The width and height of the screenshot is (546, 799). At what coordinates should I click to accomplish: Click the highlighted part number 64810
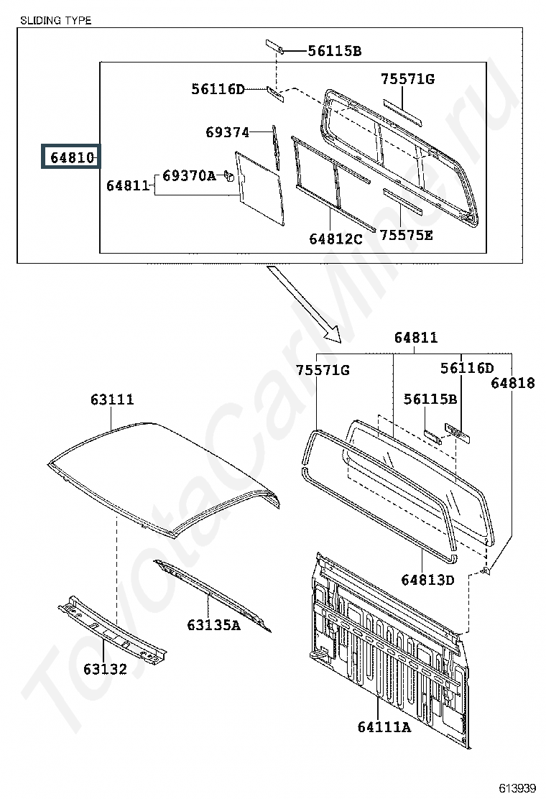click(x=72, y=157)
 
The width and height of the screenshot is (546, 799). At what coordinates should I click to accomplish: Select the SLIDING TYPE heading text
click(x=55, y=20)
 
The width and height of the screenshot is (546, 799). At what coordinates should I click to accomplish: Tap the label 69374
click(x=228, y=132)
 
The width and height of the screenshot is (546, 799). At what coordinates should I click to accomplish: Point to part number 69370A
click(x=189, y=176)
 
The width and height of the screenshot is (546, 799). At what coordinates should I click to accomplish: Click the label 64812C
click(x=336, y=239)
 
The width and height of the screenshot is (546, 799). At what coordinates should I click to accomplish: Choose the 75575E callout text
click(x=407, y=235)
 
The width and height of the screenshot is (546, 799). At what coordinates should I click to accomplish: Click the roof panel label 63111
click(x=112, y=399)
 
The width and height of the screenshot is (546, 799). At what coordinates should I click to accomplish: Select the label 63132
click(x=105, y=668)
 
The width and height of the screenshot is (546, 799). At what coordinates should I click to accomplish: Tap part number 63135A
click(x=213, y=624)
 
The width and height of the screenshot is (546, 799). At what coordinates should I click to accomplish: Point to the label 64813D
click(x=428, y=580)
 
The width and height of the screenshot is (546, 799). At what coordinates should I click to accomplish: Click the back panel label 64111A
click(x=384, y=726)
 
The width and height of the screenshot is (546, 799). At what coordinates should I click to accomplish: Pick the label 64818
click(x=513, y=383)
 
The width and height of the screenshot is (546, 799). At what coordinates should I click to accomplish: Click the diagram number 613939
click(x=517, y=788)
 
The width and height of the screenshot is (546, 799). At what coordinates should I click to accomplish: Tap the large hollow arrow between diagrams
click(x=304, y=304)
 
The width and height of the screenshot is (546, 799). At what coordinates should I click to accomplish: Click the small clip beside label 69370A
click(x=229, y=177)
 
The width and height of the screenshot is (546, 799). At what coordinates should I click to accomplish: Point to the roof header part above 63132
click(x=112, y=628)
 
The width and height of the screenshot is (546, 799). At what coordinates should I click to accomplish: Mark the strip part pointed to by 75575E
click(x=403, y=201)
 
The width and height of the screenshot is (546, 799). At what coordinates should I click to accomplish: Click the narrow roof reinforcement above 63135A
click(x=213, y=594)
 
